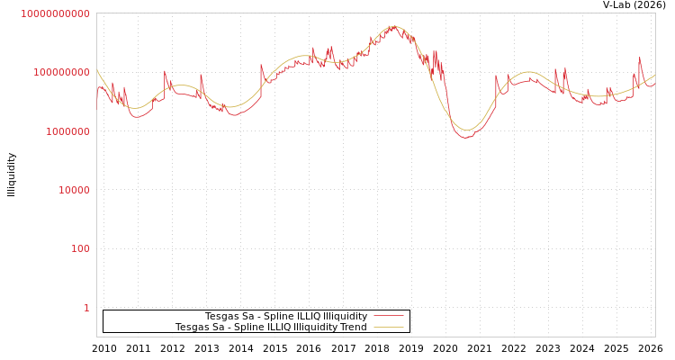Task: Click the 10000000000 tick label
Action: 55,13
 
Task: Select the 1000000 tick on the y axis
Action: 64,131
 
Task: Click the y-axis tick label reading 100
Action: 81,248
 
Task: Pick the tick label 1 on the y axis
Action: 86,308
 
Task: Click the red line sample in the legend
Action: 388,316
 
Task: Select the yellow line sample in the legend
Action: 388,327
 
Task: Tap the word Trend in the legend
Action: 353,327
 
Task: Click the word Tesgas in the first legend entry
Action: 220,316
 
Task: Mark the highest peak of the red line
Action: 393,26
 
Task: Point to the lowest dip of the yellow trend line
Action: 466,130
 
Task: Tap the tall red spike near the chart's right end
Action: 640,58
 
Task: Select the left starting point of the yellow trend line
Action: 97,71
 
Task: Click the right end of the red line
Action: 654,85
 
